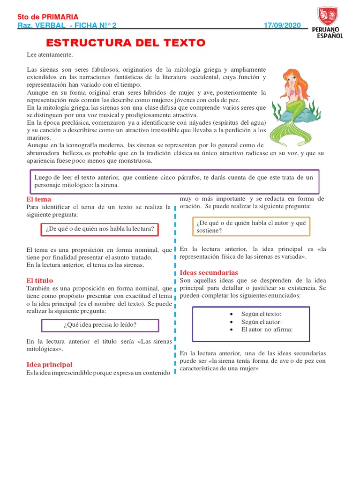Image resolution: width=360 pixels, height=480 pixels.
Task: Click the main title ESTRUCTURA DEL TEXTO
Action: (x=125, y=43)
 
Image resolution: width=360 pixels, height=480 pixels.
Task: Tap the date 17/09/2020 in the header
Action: (x=282, y=25)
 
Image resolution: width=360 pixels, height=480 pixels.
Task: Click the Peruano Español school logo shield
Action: (x=327, y=16)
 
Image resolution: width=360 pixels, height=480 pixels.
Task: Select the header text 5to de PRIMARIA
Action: (x=48, y=17)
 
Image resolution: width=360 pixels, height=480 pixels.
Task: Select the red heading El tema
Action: (x=39, y=199)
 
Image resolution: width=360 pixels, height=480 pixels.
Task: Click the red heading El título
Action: (x=40, y=280)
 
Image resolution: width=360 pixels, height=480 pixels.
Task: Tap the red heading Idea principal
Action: (x=49, y=364)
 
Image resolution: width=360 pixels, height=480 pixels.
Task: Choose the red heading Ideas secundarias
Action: (x=209, y=272)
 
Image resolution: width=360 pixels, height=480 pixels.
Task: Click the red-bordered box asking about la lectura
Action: (x=99, y=229)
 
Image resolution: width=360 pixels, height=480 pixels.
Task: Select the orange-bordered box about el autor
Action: (x=251, y=226)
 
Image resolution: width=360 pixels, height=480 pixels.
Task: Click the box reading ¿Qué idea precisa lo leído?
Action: (x=100, y=325)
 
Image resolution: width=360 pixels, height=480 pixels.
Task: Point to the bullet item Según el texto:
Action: (x=261, y=314)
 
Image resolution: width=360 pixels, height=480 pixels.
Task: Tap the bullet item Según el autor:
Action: (x=261, y=322)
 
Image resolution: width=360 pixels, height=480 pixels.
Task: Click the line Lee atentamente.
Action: (x=50, y=55)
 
